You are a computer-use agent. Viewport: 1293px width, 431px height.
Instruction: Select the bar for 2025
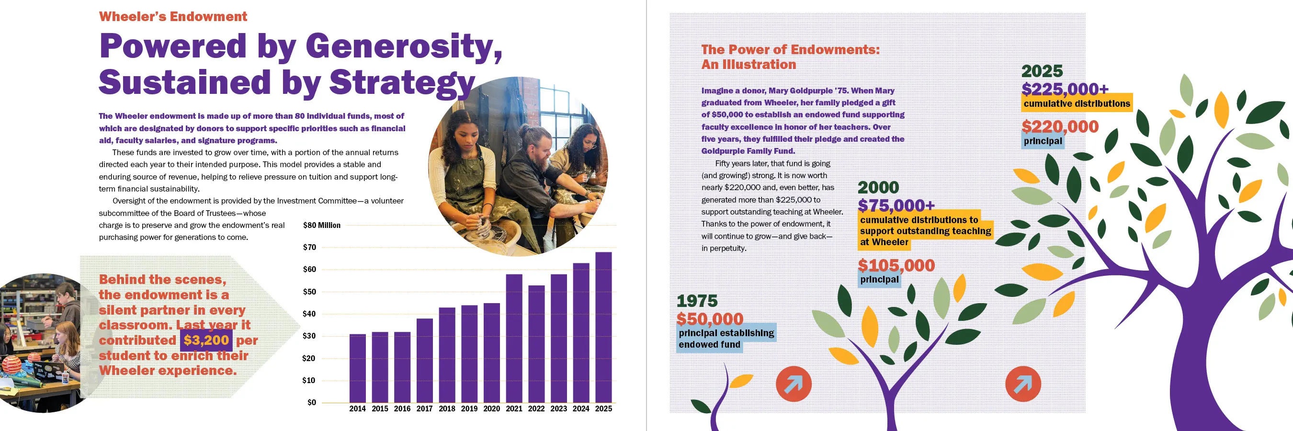(x=603, y=327)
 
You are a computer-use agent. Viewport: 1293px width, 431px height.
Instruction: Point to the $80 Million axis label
(x=322, y=225)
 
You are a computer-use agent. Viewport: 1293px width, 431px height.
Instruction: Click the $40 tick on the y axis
(x=309, y=314)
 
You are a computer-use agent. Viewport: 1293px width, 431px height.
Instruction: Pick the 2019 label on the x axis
(x=469, y=408)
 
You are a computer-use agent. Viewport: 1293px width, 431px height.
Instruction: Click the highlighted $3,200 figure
(x=206, y=340)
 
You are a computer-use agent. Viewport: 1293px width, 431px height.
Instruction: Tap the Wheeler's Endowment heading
(x=173, y=17)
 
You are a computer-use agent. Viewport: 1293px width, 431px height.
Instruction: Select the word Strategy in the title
(x=402, y=82)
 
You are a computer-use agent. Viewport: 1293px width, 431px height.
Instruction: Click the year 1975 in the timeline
(x=697, y=301)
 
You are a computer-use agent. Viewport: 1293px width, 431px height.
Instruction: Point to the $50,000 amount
(x=710, y=318)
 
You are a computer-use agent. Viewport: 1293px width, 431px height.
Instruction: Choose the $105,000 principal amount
(x=896, y=265)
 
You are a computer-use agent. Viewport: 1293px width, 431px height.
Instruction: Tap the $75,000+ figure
(x=896, y=205)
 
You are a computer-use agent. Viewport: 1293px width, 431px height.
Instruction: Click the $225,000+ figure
(x=1065, y=89)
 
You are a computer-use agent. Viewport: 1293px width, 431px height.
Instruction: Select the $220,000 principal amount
(x=1060, y=126)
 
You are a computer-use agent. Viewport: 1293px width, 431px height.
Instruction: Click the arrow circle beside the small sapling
(x=794, y=384)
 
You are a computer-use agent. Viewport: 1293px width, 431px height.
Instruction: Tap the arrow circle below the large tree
(x=1023, y=384)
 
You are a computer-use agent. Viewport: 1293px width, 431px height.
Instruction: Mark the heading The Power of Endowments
(x=790, y=50)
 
